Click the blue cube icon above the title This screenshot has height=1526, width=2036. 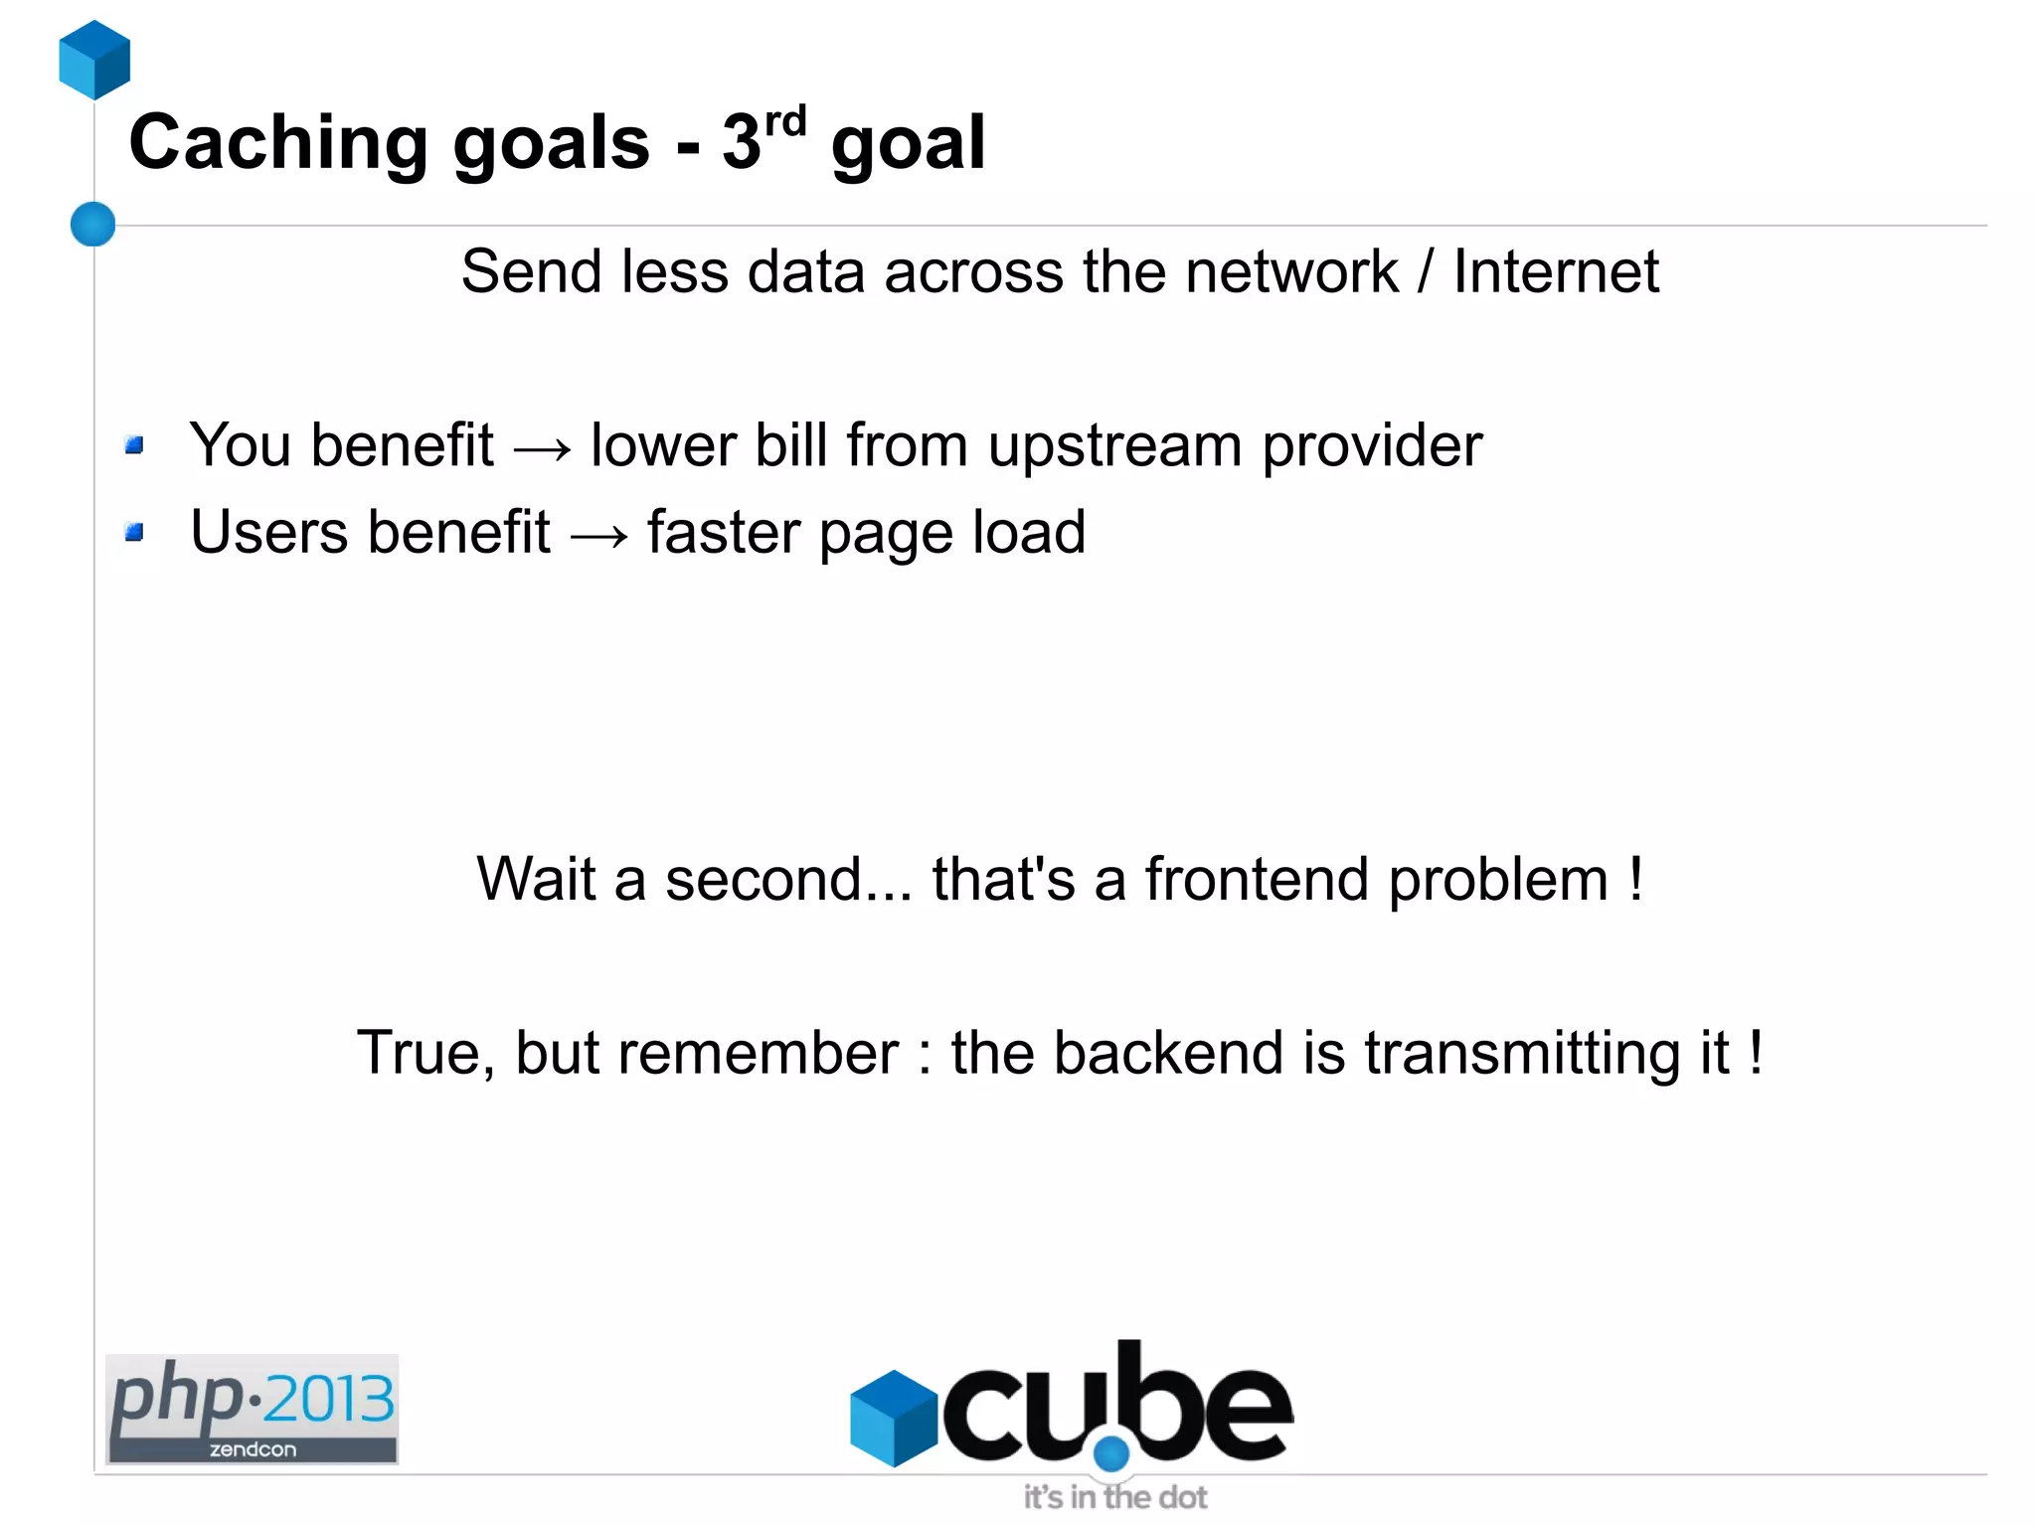click(94, 60)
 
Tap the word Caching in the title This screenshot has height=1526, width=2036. click(278, 143)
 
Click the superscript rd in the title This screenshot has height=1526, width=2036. click(785, 122)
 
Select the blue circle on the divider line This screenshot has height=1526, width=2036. click(93, 224)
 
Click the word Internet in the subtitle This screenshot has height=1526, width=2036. click(1556, 271)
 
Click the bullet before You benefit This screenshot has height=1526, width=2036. click(135, 445)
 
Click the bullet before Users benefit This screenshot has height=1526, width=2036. click(135, 533)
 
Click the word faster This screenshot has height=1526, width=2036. click(723, 533)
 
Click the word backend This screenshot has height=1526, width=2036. click(1168, 1053)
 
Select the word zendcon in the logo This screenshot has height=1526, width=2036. click(253, 1449)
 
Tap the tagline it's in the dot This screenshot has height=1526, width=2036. click(1115, 1497)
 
